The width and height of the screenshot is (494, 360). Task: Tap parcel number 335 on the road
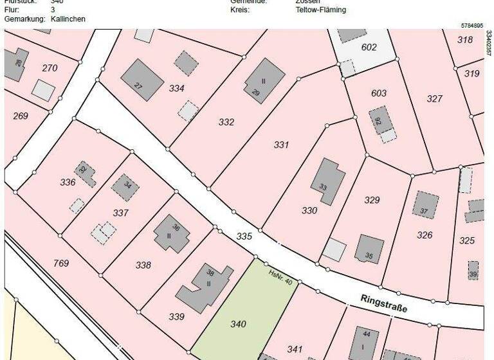point(244,237)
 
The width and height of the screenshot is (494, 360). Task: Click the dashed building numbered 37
point(425,204)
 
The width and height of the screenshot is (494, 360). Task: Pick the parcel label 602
point(369,47)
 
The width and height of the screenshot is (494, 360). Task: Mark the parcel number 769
point(61,263)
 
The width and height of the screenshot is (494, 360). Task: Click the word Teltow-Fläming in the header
point(320,10)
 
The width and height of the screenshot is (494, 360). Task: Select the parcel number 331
point(281,145)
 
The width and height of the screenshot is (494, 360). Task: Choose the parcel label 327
point(435,98)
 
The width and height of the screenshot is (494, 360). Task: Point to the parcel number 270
point(50,68)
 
